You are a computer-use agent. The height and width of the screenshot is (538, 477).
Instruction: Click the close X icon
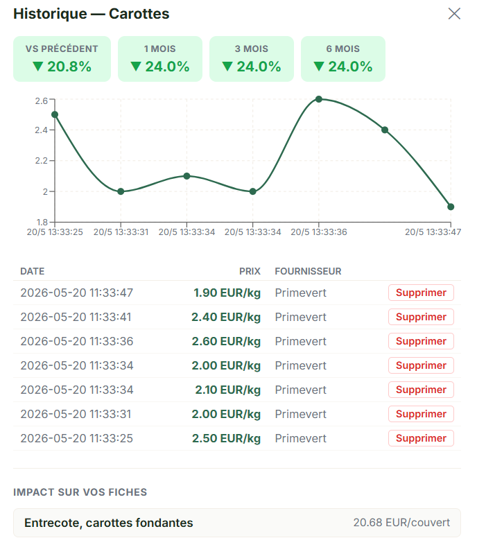coord(454,14)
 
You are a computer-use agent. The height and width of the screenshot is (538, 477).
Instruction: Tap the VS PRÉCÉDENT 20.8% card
coord(62,59)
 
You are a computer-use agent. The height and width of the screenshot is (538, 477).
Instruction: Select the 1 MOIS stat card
coord(160,59)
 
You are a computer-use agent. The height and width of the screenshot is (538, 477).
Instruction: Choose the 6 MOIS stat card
coord(343,59)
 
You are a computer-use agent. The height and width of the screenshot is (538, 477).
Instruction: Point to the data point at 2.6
coord(319,99)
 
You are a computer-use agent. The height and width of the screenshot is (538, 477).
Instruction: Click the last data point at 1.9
coord(451,207)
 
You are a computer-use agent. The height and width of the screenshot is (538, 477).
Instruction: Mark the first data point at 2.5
coord(55,114)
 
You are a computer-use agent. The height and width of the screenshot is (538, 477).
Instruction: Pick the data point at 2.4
coord(385,130)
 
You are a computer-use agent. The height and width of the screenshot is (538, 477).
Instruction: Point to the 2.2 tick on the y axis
coord(42,161)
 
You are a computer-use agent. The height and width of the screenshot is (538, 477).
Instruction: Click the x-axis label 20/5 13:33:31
coord(121,232)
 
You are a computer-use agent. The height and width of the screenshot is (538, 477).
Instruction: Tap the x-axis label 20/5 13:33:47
coord(433,232)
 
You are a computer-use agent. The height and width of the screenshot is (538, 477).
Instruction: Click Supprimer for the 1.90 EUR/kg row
coord(421,293)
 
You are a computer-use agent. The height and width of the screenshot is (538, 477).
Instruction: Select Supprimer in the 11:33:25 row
coord(421,438)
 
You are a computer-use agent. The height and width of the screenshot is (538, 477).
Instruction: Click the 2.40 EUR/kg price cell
coord(226,317)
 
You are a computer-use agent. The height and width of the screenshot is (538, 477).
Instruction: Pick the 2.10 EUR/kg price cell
coord(228,390)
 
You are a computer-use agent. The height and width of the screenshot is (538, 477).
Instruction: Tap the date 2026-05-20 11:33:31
coord(76,414)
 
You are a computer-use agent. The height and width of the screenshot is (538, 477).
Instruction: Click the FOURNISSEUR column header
coord(308,271)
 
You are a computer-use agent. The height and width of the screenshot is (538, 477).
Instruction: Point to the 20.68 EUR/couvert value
coord(401,523)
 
